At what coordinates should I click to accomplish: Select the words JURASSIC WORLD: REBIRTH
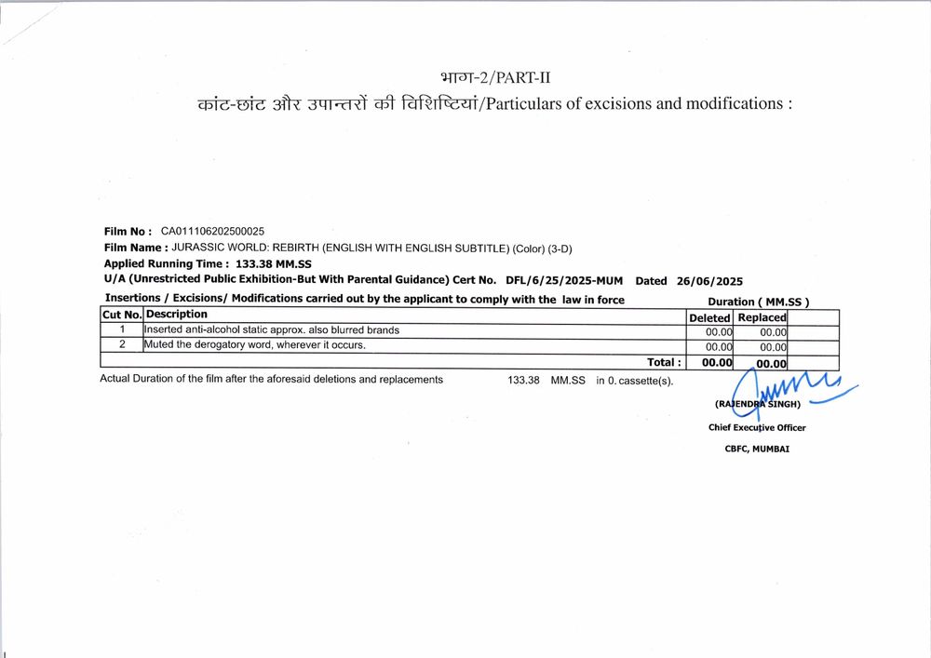click(247, 248)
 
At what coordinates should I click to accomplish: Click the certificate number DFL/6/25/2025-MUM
click(564, 280)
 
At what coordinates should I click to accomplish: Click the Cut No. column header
click(121, 316)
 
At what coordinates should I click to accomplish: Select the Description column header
click(176, 315)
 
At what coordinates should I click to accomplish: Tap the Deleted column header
click(709, 317)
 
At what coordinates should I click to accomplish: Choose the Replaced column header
click(762, 317)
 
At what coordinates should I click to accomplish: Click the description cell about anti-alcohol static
click(272, 330)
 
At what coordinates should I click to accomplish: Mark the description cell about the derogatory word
click(254, 345)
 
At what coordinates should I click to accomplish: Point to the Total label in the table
click(664, 362)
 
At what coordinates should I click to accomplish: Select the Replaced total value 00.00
click(771, 364)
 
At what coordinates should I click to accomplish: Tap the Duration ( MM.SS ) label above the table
click(759, 302)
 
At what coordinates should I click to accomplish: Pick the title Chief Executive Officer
click(757, 428)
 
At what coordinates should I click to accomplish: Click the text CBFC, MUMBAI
click(757, 449)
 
